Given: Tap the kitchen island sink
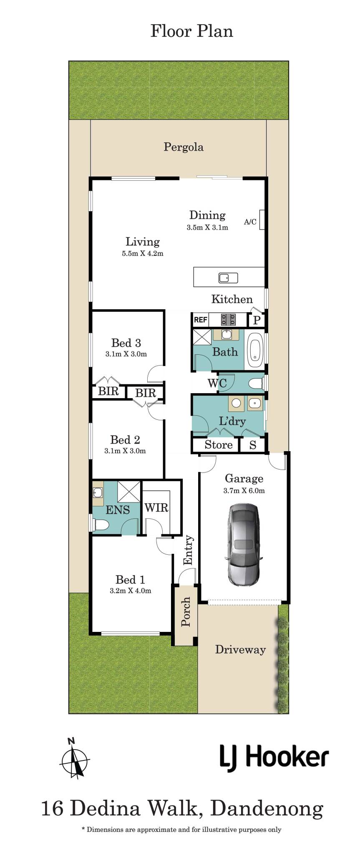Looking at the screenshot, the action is point(228,278).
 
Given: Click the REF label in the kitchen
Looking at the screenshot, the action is point(201,320).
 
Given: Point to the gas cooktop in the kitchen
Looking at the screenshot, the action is point(228,320).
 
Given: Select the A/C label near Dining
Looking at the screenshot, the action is point(250,222).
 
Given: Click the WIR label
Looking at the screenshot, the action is point(156,508).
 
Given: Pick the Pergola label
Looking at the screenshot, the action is point(184,147).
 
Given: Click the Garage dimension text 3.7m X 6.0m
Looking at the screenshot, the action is point(244,490).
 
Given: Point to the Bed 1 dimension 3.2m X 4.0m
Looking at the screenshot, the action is point(131,591).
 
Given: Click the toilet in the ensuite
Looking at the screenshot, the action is point(101,524).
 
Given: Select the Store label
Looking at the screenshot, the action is point(219,445).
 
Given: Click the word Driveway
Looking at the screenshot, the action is point(240,650).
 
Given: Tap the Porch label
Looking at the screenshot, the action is point(186,612).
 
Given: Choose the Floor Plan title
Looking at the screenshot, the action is point(191,31).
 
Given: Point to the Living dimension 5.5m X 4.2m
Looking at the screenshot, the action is point(143,253).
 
